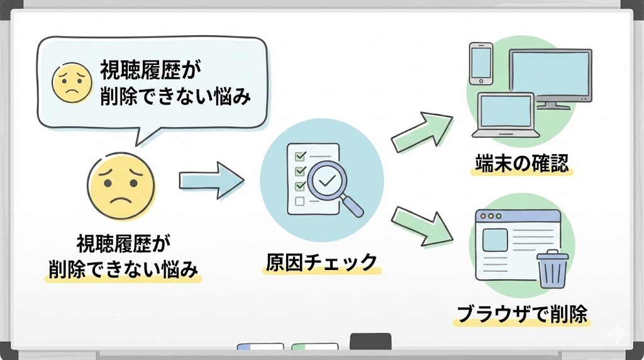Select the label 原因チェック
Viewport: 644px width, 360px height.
(x=321, y=261)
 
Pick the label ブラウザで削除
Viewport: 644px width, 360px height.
(x=521, y=314)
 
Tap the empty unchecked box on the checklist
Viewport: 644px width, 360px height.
(x=300, y=201)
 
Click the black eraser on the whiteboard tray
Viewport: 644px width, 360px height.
(x=370, y=341)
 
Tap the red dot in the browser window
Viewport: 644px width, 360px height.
(x=482, y=216)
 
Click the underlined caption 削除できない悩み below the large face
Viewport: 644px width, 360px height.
(x=123, y=269)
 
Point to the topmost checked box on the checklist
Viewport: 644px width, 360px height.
(x=300, y=155)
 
